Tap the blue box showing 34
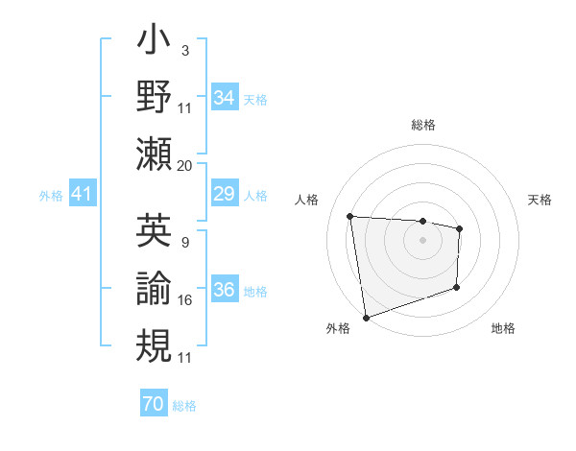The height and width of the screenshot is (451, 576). tap(225, 97)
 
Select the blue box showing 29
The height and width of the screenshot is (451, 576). tap(225, 195)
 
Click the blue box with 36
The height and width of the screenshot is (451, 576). tap(225, 290)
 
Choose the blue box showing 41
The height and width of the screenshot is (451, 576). tap(82, 195)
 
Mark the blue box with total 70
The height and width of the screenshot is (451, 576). tap(153, 404)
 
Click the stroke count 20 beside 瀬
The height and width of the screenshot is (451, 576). tap(185, 165)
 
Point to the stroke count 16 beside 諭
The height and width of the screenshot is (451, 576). tap(185, 300)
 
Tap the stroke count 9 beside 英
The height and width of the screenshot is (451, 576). tap(183, 242)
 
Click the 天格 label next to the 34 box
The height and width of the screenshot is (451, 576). tap(255, 99)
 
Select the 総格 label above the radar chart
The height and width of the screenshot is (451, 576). tap(422, 125)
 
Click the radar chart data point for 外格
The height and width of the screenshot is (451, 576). tap(366, 317)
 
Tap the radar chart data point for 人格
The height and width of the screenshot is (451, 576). tap(350, 216)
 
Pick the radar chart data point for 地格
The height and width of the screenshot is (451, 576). tap(456, 287)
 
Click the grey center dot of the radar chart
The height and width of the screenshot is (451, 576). tap(422, 241)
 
